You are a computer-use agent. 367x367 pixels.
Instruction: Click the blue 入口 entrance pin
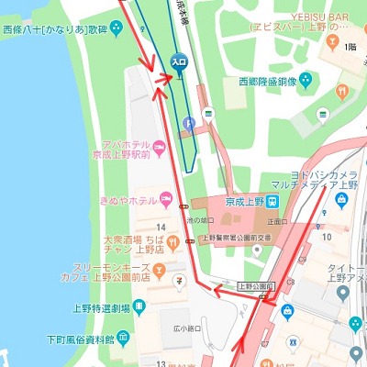click(x=179, y=61)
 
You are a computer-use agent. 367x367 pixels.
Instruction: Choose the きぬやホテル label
click(x=128, y=200)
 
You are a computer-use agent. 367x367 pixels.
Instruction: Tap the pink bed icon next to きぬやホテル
click(x=166, y=199)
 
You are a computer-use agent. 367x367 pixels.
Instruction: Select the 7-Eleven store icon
click(x=180, y=279)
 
